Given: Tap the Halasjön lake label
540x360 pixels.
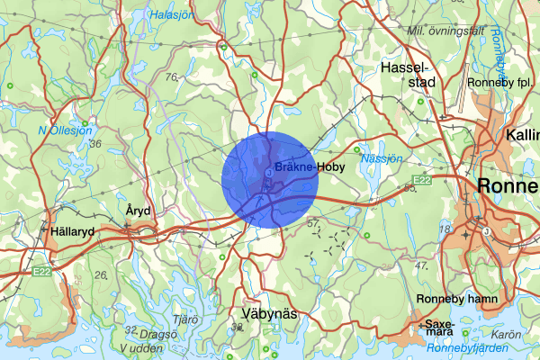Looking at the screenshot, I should tap(174, 14).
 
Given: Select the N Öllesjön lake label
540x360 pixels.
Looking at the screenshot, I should tap(65, 130).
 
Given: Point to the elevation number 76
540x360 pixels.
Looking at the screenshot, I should tap(172, 77).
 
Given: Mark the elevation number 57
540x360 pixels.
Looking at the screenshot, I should tap(313, 221).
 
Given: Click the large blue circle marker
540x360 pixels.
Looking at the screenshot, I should tap(270, 177).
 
